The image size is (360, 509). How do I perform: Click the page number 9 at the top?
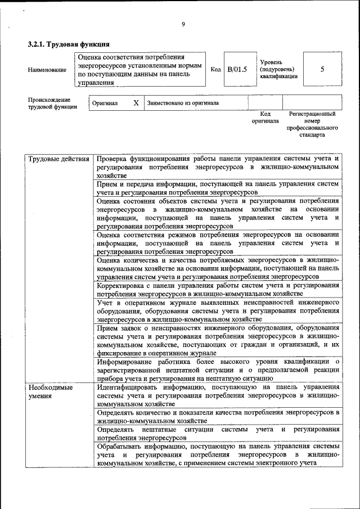183,24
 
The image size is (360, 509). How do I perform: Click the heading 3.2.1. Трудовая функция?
69,44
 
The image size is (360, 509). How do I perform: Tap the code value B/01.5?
237,69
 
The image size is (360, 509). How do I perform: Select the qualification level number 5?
322,69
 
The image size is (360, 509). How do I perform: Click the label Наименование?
47,70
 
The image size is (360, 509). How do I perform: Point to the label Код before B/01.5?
215,69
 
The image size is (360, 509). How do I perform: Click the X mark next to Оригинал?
136,103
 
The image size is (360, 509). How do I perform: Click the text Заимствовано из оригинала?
183,103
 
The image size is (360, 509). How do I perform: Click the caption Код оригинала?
265,118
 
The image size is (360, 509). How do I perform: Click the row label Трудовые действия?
59,159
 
